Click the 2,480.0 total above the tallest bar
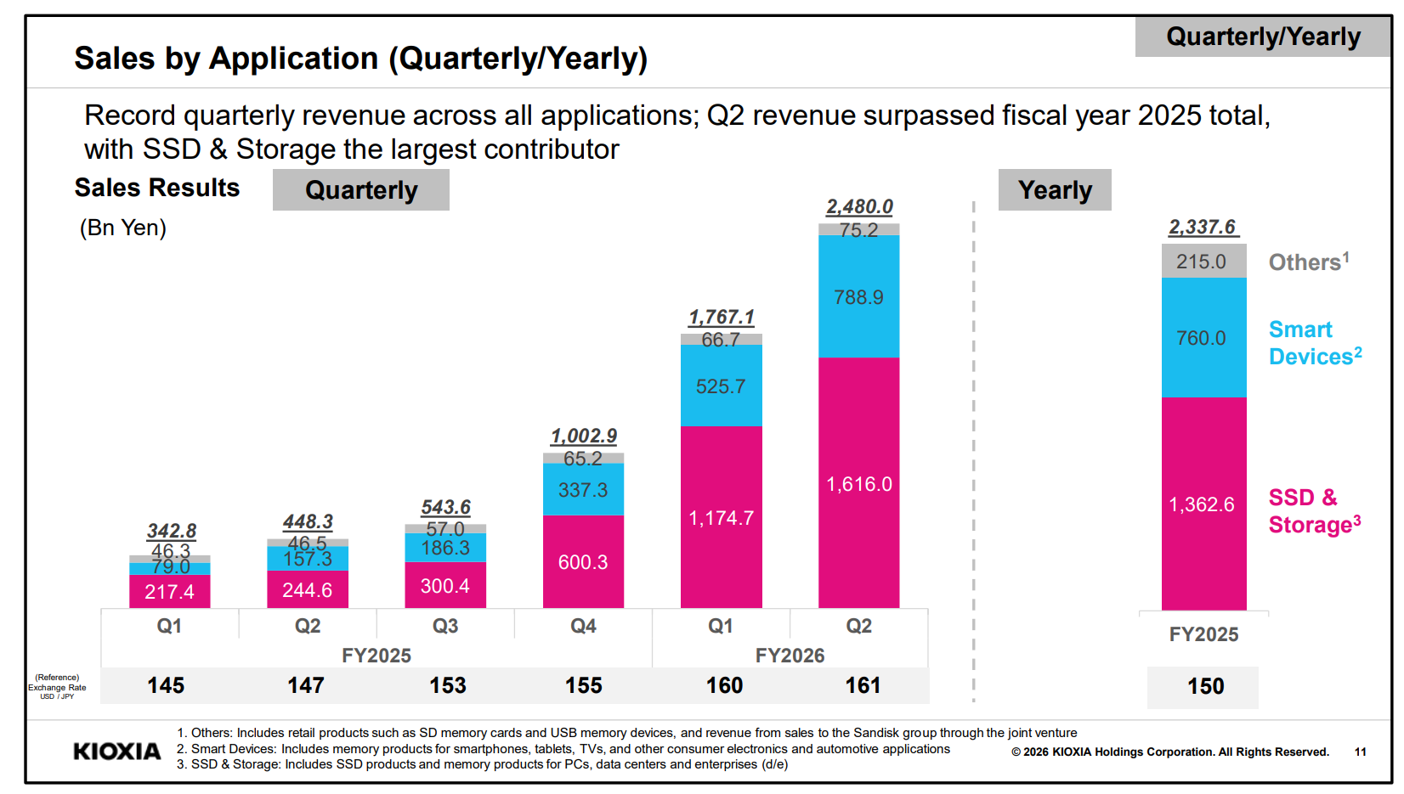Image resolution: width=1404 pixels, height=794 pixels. (x=859, y=206)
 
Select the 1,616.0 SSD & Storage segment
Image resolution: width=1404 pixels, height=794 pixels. (x=858, y=482)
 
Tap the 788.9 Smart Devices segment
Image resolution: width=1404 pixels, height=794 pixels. (x=858, y=296)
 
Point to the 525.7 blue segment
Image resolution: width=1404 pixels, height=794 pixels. (x=722, y=386)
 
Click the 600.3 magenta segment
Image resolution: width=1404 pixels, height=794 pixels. (x=584, y=561)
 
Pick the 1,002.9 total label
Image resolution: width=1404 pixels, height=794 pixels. (x=584, y=435)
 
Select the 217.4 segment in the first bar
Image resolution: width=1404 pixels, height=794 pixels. (x=170, y=591)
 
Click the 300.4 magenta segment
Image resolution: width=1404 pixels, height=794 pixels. (x=445, y=585)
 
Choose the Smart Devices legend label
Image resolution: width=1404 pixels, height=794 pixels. (x=1315, y=342)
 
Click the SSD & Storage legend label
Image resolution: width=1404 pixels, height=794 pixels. (x=1315, y=510)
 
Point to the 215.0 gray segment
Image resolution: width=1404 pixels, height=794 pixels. (x=1203, y=261)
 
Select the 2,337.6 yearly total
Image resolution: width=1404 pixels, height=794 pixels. (x=1203, y=227)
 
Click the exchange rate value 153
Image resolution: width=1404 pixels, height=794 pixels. (x=448, y=685)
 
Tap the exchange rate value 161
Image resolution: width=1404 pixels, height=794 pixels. (x=863, y=685)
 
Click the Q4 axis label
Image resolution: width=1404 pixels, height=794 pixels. (x=583, y=626)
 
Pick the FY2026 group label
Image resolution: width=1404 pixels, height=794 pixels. (x=790, y=655)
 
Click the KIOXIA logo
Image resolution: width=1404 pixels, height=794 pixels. (x=117, y=752)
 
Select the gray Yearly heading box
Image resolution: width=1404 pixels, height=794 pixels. (x=1055, y=189)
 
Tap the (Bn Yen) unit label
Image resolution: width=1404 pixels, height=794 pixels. (x=123, y=228)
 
